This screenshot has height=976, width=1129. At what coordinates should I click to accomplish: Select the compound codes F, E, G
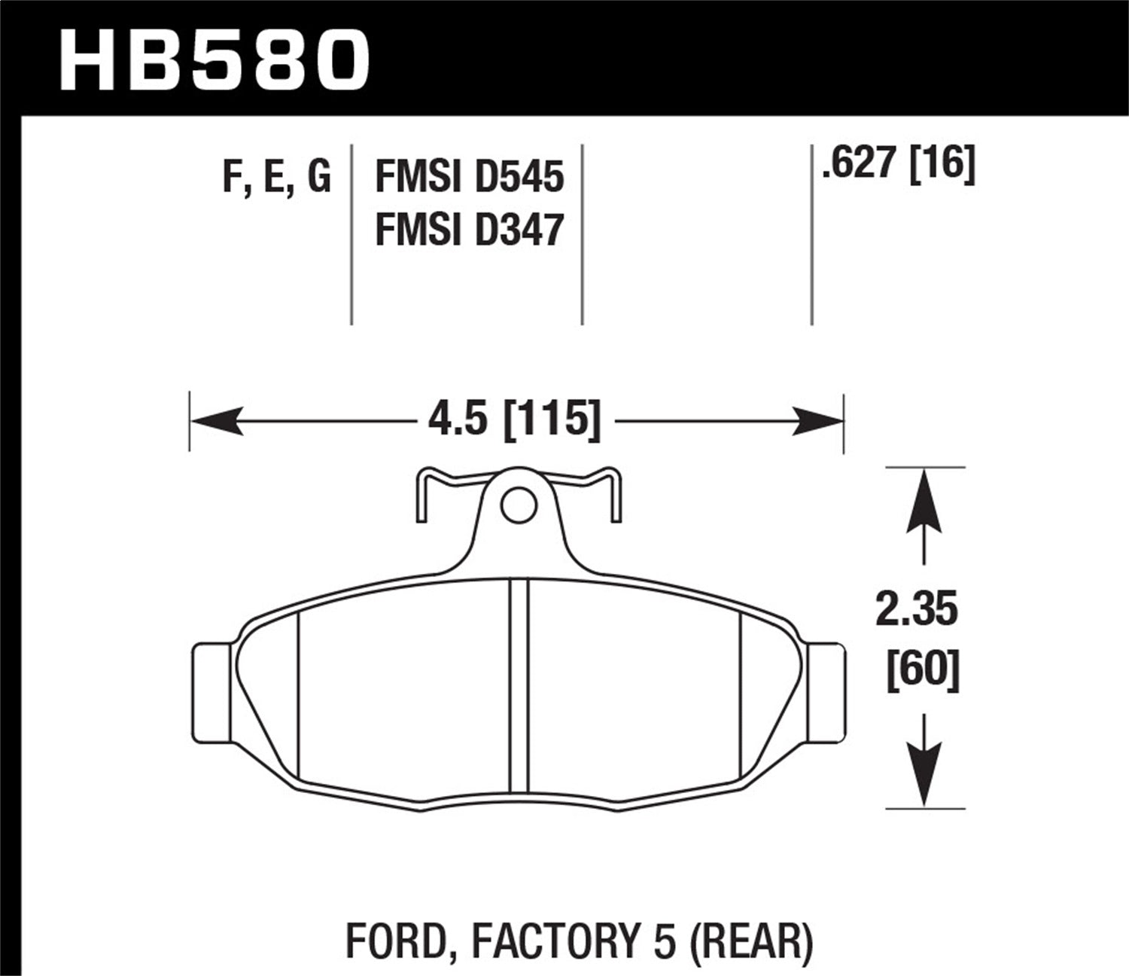coord(276,178)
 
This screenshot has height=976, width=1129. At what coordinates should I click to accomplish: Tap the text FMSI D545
coord(469,178)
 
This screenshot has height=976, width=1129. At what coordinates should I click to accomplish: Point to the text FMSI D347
coord(469,230)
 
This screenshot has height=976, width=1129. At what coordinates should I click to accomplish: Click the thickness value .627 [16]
coord(898,163)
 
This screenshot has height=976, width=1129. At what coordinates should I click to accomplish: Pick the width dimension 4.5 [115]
coord(515,419)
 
